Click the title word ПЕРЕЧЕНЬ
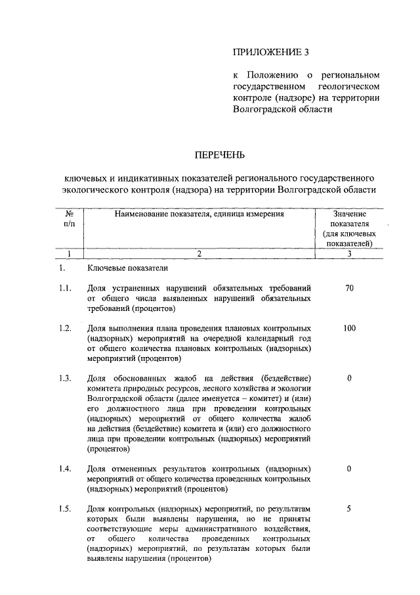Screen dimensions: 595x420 [x=219, y=155]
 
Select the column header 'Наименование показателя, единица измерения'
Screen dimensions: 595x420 [x=199, y=214]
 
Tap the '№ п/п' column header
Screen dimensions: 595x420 [x=68, y=219]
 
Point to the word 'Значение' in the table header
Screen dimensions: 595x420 [x=349, y=214]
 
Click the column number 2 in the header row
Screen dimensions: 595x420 [x=199, y=253]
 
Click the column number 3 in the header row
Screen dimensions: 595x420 [x=349, y=253]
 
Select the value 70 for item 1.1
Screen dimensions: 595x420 [x=349, y=288]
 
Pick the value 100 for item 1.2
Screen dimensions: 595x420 [x=349, y=327]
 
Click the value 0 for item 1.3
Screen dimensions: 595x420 [x=349, y=378]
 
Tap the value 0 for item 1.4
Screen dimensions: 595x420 [x=349, y=469]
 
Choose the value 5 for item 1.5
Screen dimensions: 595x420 [x=349, y=508]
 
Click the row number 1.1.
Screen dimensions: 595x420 [x=64, y=288]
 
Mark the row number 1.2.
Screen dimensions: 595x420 [x=64, y=327]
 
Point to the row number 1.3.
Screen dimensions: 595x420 [x=64, y=378]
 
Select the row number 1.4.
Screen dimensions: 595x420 [x=64, y=469]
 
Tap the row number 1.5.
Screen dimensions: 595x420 [x=64, y=508]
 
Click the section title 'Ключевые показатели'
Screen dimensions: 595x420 [x=127, y=268]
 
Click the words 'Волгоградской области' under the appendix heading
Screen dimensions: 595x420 [x=278, y=110]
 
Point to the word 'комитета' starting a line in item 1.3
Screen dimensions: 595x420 [x=104, y=389]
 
